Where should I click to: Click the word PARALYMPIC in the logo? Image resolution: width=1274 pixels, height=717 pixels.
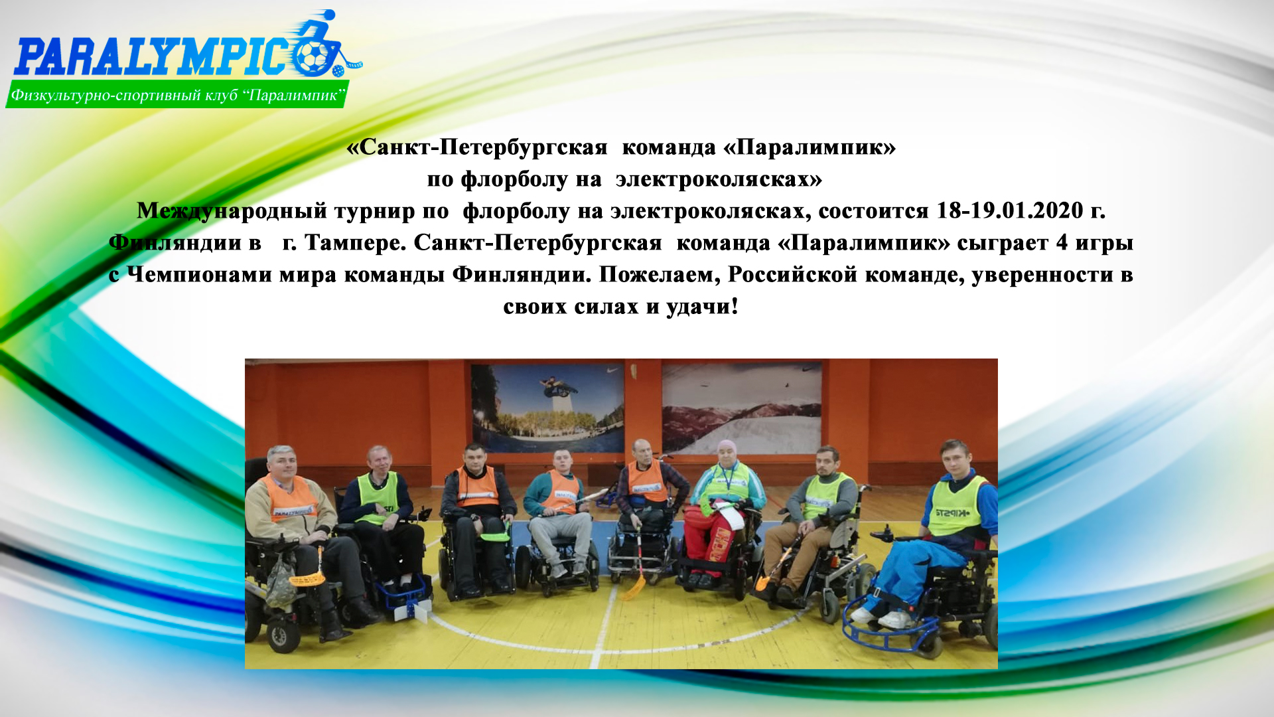(156, 57)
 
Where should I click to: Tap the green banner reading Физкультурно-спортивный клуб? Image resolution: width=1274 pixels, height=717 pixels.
(177, 95)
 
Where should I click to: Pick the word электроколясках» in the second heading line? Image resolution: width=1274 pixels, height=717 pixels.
(719, 179)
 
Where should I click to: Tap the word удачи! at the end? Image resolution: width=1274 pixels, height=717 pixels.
(702, 307)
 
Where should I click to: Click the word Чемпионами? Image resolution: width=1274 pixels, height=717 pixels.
(199, 274)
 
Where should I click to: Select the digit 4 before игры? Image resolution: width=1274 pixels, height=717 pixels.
(1062, 242)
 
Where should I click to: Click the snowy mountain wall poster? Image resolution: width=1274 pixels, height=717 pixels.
(741, 406)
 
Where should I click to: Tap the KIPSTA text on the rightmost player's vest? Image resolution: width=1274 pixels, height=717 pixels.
(953, 513)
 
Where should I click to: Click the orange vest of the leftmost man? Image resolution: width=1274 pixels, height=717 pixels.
(290, 500)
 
